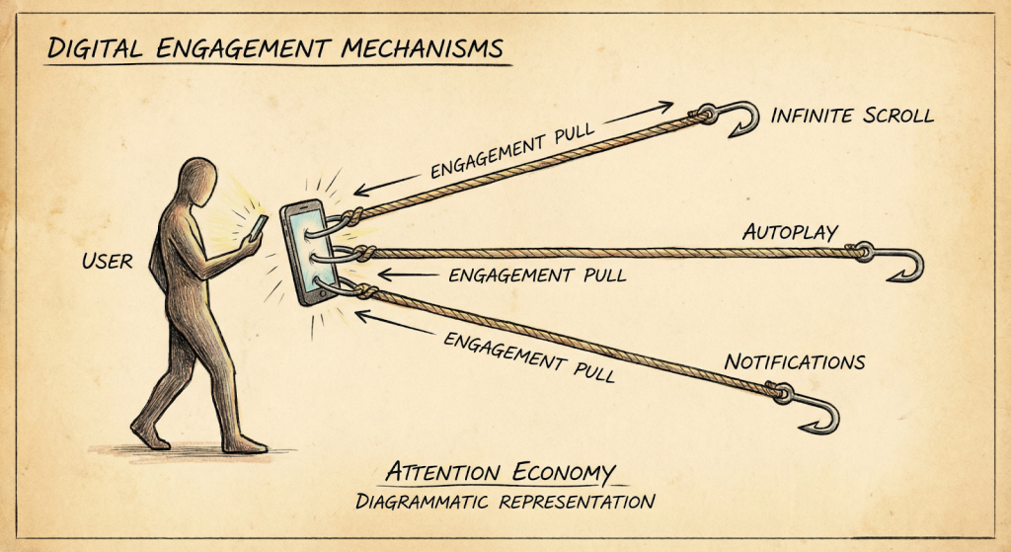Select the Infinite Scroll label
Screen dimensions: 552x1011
pyautogui.click(x=851, y=116)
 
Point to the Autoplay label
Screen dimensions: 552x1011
pyautogui.click(x=790, y=233)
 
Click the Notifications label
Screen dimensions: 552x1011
pyautogui.click(x=795, y=361)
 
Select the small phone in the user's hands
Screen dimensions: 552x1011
pyautogui.click(x=254, y=227)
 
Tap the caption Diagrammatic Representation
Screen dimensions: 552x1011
pyautogui.click(x=505, y=501)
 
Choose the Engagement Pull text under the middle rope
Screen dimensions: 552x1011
pyautogui.click(x=537, y=276)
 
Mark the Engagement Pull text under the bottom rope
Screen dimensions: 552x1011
pyautogui.click(x=529, y=357)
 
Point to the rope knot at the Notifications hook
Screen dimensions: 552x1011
pyautogui.click(x=781, y=393)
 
